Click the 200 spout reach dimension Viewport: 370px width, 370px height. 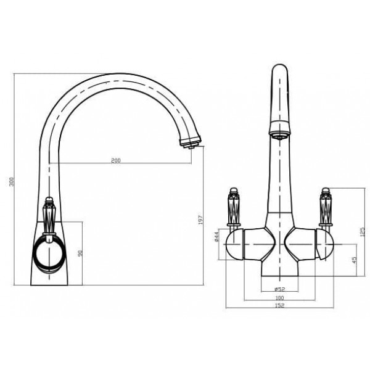pyautogui.click(x=116, y=160)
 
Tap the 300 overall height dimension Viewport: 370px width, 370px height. pyautogui.click(x=12, y=182)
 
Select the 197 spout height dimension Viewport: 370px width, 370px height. pyautogui.click(x=200, y=220)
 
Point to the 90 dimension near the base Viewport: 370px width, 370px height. pyautogui.click(x=81, y=253)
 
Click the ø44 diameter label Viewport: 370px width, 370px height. pyautogui.click(x=217, y=237)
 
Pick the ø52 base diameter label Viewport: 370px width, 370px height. pyautogui.click(x=279, y=289)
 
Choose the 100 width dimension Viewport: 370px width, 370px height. pyautogui.click(x=279, y=298)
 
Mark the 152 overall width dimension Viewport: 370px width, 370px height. pyautogui.click(x=279, y=305)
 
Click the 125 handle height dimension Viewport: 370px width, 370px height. pyautogui.click(x=363, y=232)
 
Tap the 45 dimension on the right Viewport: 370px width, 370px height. pyautogui.click(x=354, y=260)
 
